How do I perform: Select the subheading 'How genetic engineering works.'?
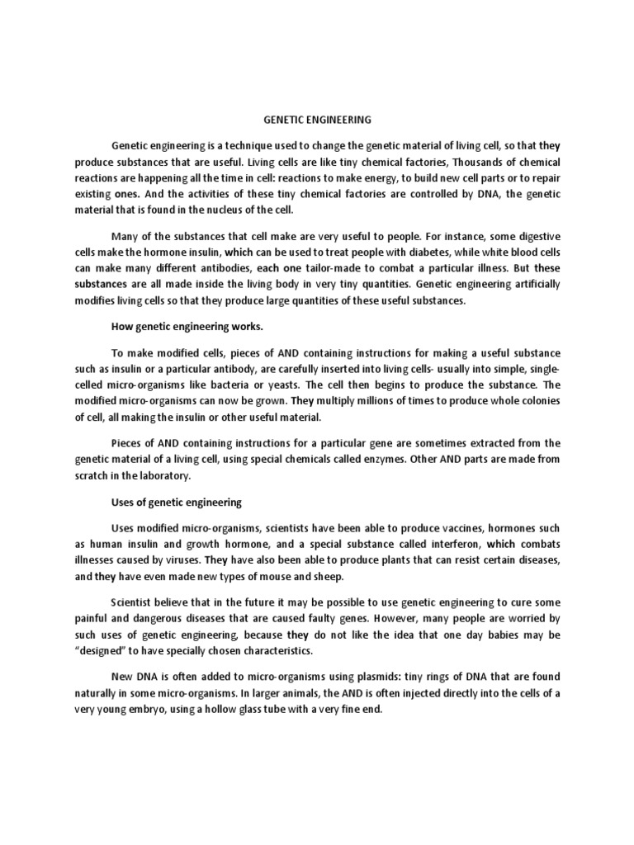click(x=187, y=327)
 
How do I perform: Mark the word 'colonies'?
click(x=539, y=400)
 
